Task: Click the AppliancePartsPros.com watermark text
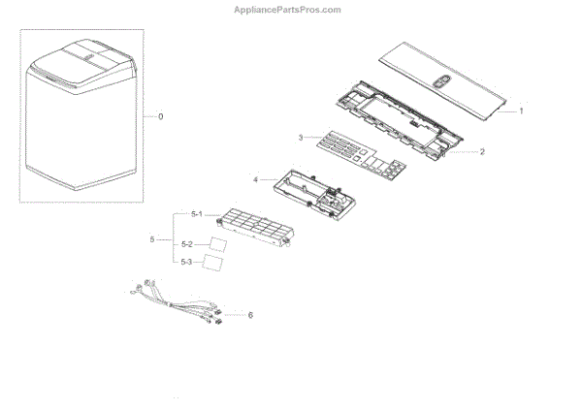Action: tap(288, 10)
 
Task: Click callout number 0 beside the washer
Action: tap(161, 116)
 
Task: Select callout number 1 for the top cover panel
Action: tap(521, 111)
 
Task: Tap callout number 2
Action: tap(482, 152)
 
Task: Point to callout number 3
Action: tap(302, 138)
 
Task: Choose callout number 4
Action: tap(256, 179)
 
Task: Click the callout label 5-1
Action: tap(198, 214)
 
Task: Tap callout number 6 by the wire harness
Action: tap(250, 315)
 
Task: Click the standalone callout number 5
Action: tap(151, 238)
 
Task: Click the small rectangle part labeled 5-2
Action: tap(220, 243)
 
